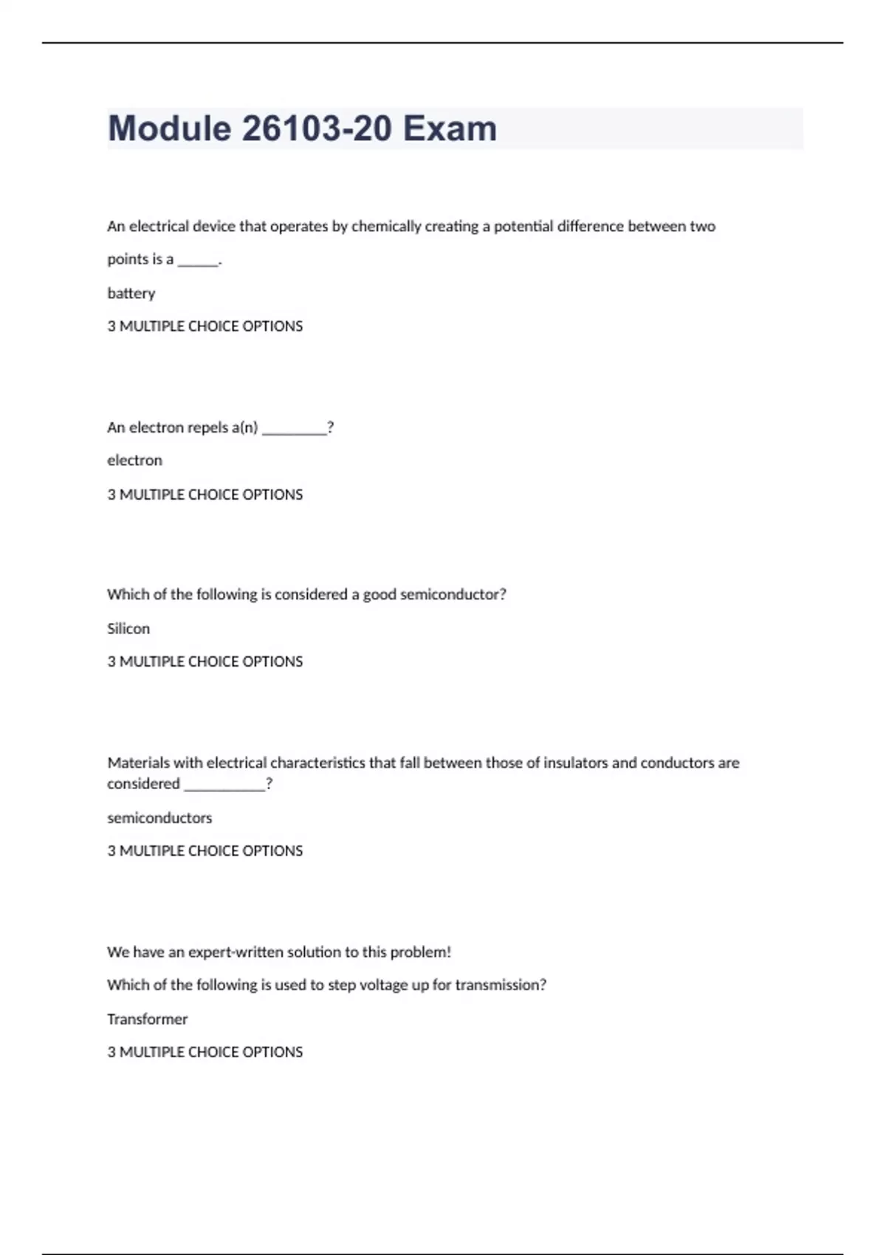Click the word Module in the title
point(169,128)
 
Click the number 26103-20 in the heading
point(316,128)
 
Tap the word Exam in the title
point(450,128)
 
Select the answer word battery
point(131,293)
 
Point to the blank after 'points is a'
point(198,261)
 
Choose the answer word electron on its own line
point(134,460)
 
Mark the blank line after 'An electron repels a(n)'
point(294,429)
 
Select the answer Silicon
point(128,628)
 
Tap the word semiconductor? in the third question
point(453,594)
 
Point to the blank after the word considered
point(224,785)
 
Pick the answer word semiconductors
point(159,817)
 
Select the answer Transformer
point(148,1019)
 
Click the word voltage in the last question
point(383,985)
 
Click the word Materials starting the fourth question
point(138,763)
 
